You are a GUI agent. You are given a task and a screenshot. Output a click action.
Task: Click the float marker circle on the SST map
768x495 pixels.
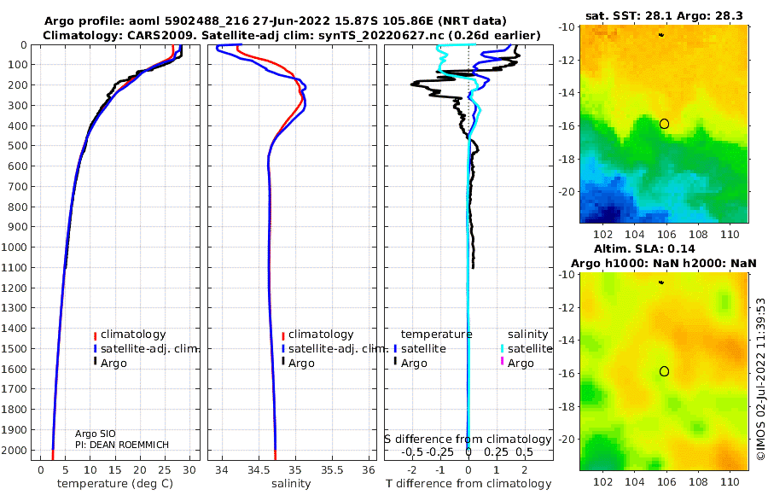point(664,124)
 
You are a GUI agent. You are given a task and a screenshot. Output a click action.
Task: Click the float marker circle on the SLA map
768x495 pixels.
point(664,371)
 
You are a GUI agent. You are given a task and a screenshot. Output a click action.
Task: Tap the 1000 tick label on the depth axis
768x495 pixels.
point(16,247)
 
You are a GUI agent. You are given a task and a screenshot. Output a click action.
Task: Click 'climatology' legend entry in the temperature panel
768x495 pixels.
point(133,335)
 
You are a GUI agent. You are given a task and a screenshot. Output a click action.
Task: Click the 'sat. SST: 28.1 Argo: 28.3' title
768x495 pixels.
point(663,15)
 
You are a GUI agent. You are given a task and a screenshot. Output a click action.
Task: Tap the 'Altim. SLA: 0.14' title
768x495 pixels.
point(663,247)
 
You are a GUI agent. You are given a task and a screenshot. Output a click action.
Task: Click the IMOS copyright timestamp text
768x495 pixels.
point(760,380)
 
